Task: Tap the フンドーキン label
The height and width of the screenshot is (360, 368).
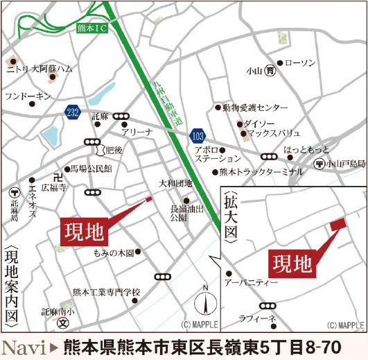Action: tap(28, 96)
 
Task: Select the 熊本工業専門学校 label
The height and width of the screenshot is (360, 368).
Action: tap(106, 292)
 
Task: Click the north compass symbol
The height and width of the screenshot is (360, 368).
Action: tap(205, 302)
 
